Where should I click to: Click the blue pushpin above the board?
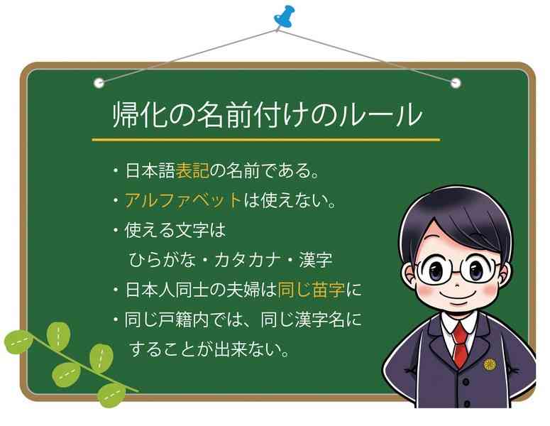pos(284,16)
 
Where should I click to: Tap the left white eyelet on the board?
pos(99,83)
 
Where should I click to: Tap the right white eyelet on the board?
pos(456,83)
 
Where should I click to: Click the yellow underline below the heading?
pos(266,139)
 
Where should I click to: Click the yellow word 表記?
pos(192,171)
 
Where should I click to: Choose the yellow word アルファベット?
pos(183,201)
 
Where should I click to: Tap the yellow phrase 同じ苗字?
pos(311,290)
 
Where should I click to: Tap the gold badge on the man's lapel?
pos(489,365)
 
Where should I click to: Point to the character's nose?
pos(456,285)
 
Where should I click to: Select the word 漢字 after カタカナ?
pos(316,260)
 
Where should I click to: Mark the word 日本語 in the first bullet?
pos(150,171)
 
